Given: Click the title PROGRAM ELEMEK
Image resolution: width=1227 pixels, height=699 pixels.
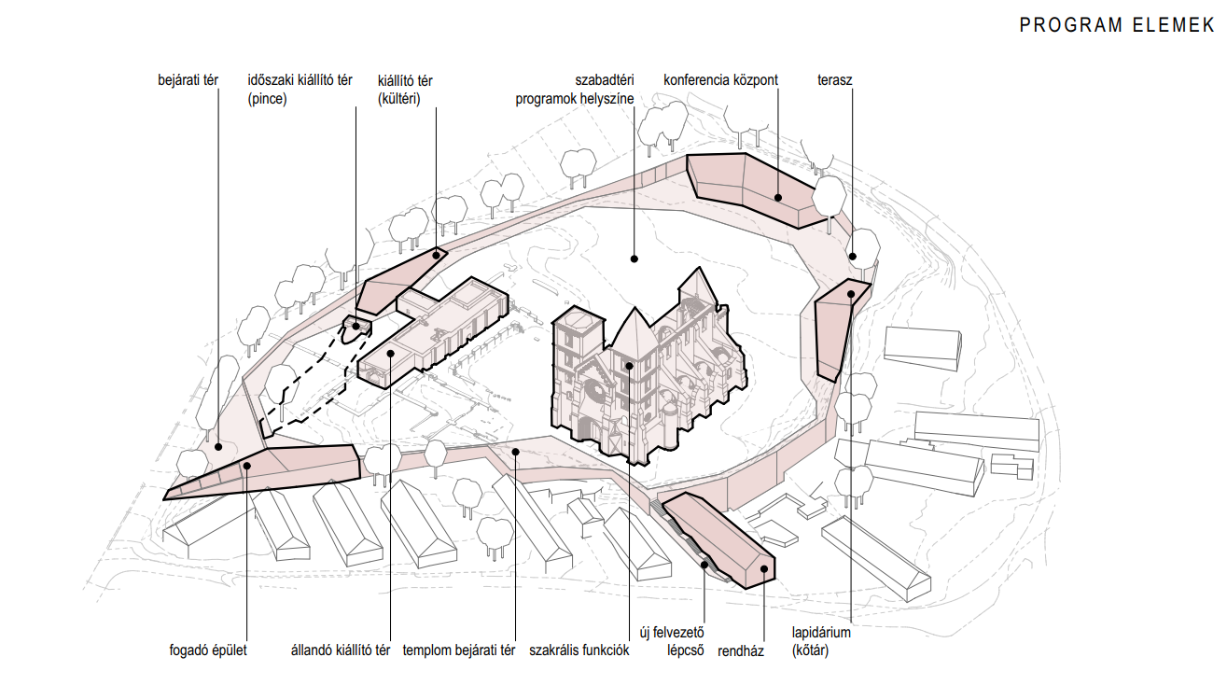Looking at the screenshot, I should click(1116, 25).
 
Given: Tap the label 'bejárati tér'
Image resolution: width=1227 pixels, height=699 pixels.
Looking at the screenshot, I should click(188, 80).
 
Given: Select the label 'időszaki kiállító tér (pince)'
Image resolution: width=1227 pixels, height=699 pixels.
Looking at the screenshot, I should click(300, 89).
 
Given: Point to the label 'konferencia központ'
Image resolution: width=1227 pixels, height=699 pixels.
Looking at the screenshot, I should click(720, 80).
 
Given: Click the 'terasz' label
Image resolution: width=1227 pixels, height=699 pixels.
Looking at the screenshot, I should click(834, 80).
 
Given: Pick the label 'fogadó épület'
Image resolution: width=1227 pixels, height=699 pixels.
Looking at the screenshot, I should click(209, 650).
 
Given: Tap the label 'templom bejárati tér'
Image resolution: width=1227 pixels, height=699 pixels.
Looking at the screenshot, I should click(459, 650).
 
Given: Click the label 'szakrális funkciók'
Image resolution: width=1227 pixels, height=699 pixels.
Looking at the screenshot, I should click(579, 650).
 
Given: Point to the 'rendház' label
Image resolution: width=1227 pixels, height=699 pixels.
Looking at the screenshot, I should click(741, 651).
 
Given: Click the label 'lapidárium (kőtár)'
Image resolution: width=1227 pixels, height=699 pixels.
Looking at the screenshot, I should click(821, 641).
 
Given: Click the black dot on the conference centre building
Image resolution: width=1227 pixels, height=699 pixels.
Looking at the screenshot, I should click(777, 197).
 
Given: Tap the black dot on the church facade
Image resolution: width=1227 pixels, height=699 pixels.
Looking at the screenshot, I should click(630, 365).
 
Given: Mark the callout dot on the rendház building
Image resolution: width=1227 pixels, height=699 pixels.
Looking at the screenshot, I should click(763, 568).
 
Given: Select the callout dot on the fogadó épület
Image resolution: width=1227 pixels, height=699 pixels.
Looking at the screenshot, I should click(247, 466).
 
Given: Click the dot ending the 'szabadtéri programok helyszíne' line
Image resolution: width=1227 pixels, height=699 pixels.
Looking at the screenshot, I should click(634, 259).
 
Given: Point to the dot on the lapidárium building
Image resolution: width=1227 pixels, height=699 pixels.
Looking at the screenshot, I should click(851, 295).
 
